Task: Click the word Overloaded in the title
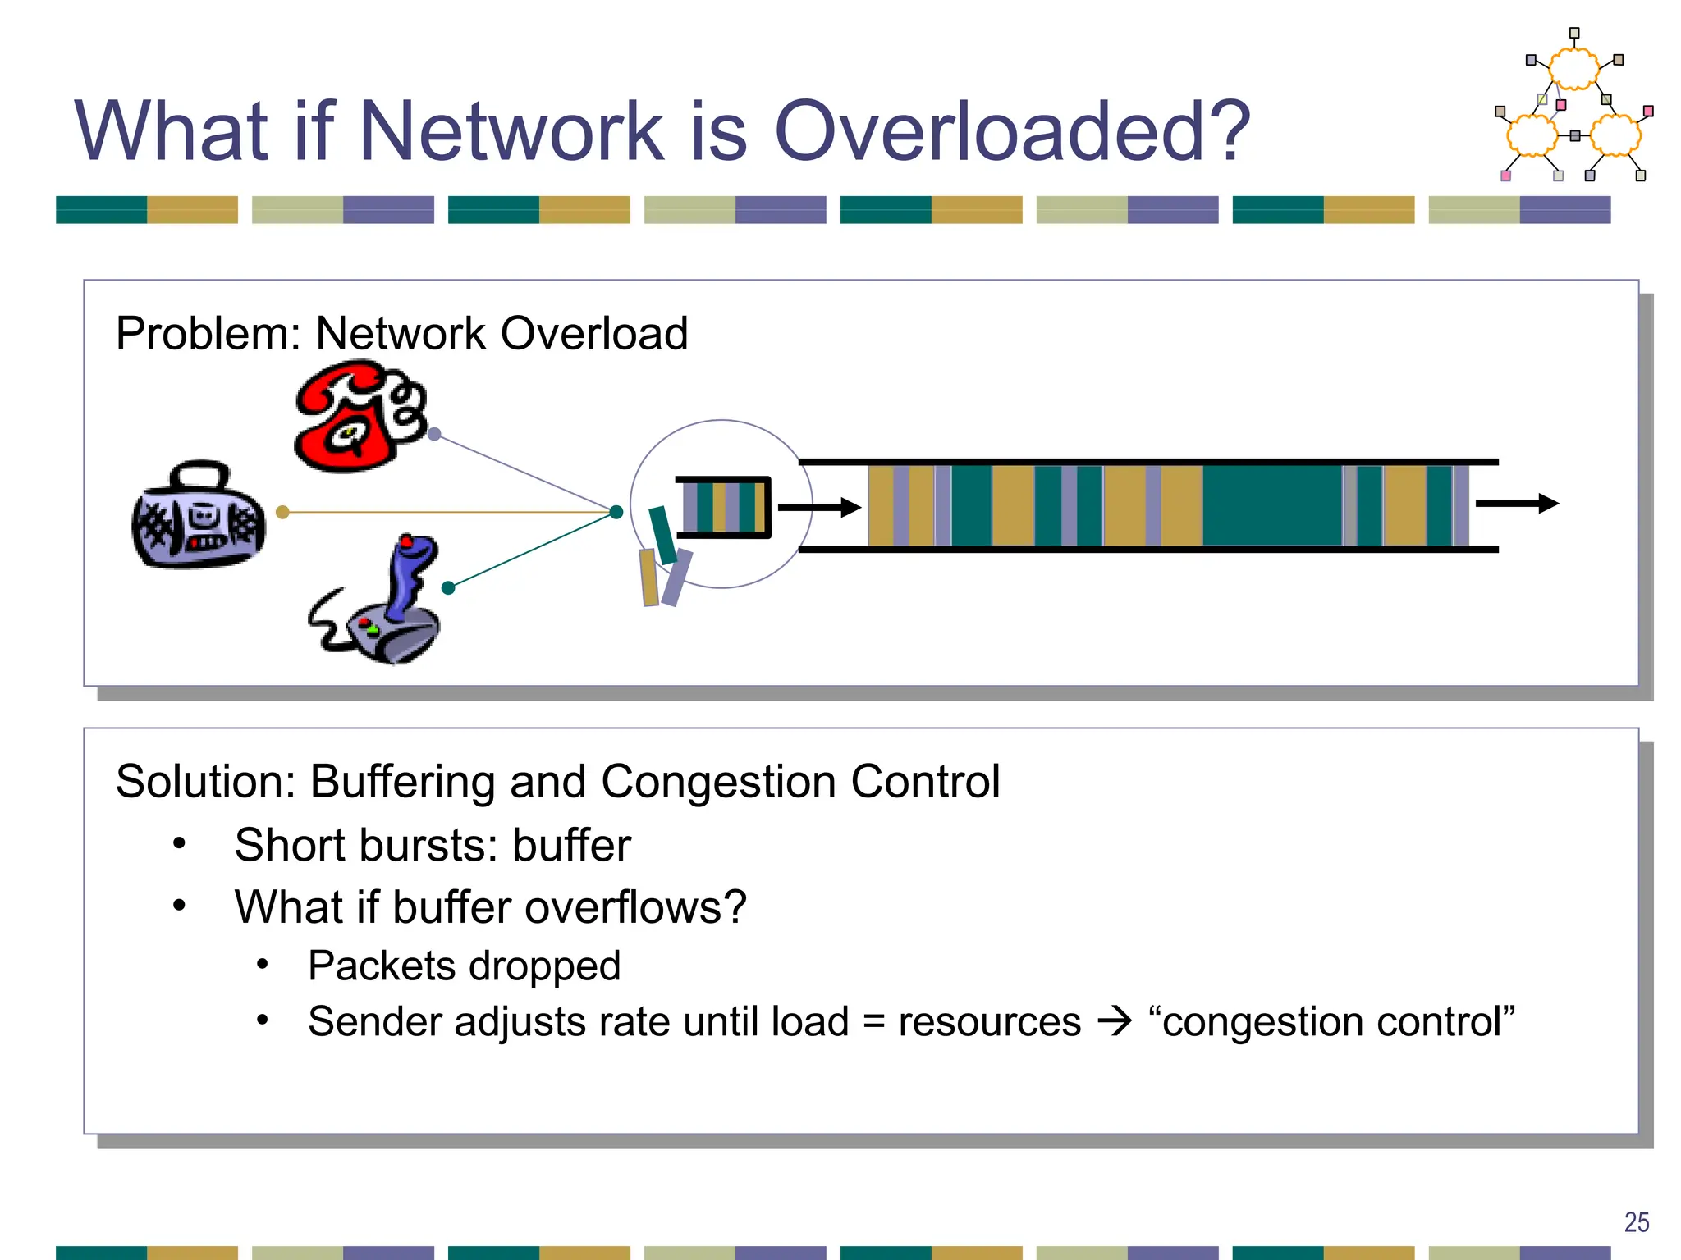click(1011, 131)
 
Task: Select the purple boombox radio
click(199, 515)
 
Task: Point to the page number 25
click(1636, 1222)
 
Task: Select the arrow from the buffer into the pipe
click(818, 508)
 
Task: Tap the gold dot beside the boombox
click(282, 512)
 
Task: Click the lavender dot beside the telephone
click(435, 434)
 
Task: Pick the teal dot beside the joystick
click(448, 587)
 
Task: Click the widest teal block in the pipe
click(1271, 505)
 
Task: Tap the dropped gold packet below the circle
click(648, 577)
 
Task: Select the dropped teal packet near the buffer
click(662, 535)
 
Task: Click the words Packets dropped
click(464, 966)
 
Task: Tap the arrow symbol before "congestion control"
click(1115, 1021)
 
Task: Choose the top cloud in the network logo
click(1573, 69)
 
